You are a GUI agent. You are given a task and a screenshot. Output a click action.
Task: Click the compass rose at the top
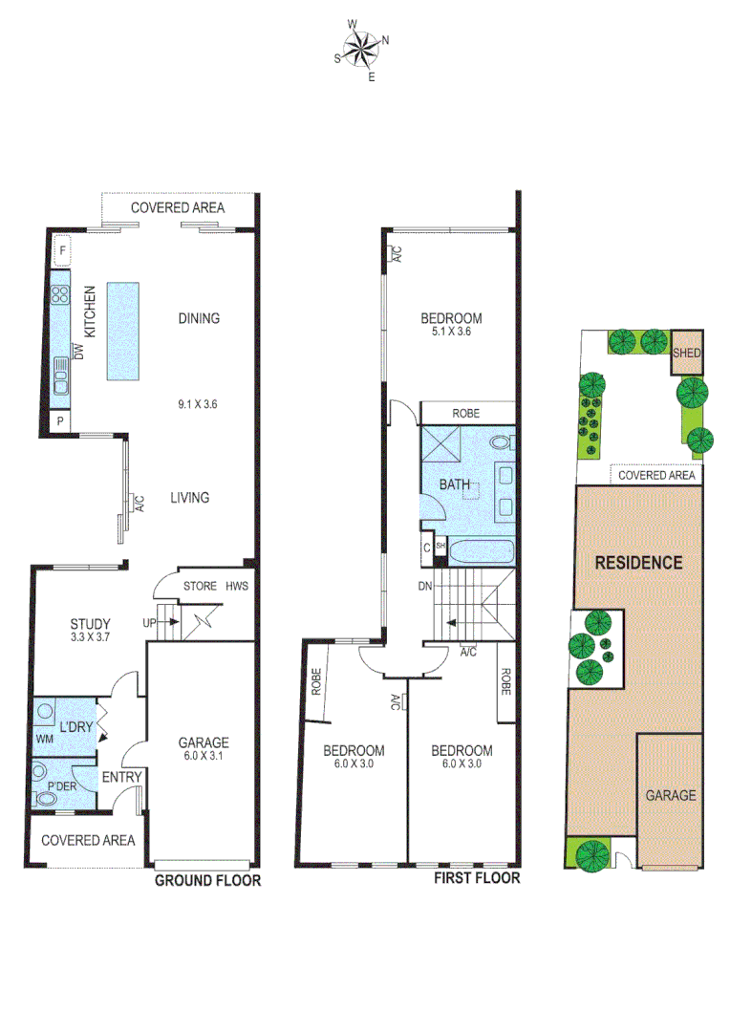click(362, 49)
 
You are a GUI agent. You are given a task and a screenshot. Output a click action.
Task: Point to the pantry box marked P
click(60, 420)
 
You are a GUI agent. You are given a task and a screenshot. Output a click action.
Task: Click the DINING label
click(199, 318)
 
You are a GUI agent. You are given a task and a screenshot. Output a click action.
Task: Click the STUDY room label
click(90, 625)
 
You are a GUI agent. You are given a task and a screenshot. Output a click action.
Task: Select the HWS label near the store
click(236, 587)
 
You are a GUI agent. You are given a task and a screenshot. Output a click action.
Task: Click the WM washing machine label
click(44, 740)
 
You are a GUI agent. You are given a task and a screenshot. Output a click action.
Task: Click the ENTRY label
click(121, 777)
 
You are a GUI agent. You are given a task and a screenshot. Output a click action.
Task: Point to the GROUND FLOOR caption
click(207, 881)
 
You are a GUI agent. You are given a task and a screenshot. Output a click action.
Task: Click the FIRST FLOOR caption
click(477, 878)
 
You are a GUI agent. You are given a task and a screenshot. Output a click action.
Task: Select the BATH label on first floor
click(454, 485)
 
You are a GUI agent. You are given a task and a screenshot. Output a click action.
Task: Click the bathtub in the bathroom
click(483, 551)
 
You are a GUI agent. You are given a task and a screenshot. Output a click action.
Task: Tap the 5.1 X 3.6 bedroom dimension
click(450, 333)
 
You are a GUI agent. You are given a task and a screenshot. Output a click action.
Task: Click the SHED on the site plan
click(688, 354)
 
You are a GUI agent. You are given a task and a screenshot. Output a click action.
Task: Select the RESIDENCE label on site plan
click(638, 562)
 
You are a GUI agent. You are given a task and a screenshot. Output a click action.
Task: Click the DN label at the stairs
click(425, 586)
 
